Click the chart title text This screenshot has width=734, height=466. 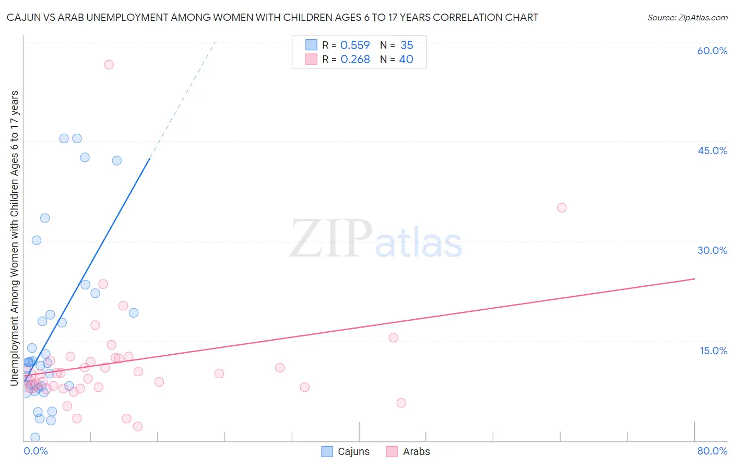[272, 17]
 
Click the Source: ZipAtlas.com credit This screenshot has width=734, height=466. [687, 17]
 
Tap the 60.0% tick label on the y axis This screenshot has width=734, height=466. [712, 51]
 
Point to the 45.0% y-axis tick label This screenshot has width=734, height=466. [712, 150]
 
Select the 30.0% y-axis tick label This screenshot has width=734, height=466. [712, 250]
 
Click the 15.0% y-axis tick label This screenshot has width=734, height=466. [713, 350]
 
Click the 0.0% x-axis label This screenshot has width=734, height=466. [35, 451]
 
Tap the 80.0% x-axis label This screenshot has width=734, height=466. [712, 451]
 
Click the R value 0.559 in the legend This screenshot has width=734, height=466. [355, 45]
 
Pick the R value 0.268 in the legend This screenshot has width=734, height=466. [355, 60]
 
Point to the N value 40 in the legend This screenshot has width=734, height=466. [406, 60]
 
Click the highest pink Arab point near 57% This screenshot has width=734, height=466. [109, 65]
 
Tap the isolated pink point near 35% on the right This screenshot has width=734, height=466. [562, 207]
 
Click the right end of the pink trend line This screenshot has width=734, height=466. [694, 279]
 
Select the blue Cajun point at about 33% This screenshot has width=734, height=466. [45, 218]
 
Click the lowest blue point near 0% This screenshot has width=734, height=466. [35, 437]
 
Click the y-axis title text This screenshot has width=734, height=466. [15, 238]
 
